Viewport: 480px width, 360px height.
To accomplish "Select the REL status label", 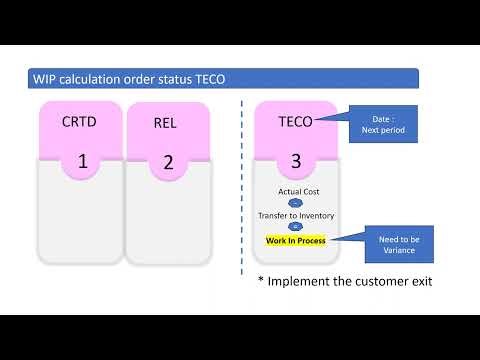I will pyautogui.click(x=166, y=123).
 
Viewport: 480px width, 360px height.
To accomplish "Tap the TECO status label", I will pyautogui.click(x=295, y=122).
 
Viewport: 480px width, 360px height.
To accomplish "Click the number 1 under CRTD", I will pyautogui.click(x=83, y=160).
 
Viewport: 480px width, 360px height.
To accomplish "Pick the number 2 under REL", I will pyautogui.click(x=167, y=161).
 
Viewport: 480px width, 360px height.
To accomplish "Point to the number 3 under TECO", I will pyautogui.click(x=295, y=160).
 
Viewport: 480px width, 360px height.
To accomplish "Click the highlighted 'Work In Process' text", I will pyautogui.click(x=295, y=240).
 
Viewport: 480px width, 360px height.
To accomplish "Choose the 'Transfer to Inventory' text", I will pyautogui.click(x=295, y=215).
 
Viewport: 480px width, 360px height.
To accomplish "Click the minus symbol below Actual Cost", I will pyautogui.click(x=295, y=202).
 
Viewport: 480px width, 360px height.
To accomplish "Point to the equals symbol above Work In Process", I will pyautogui.click(x=295, y=227).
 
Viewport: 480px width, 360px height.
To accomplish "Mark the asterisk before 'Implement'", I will pyautogui.click(x=261, y=280).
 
